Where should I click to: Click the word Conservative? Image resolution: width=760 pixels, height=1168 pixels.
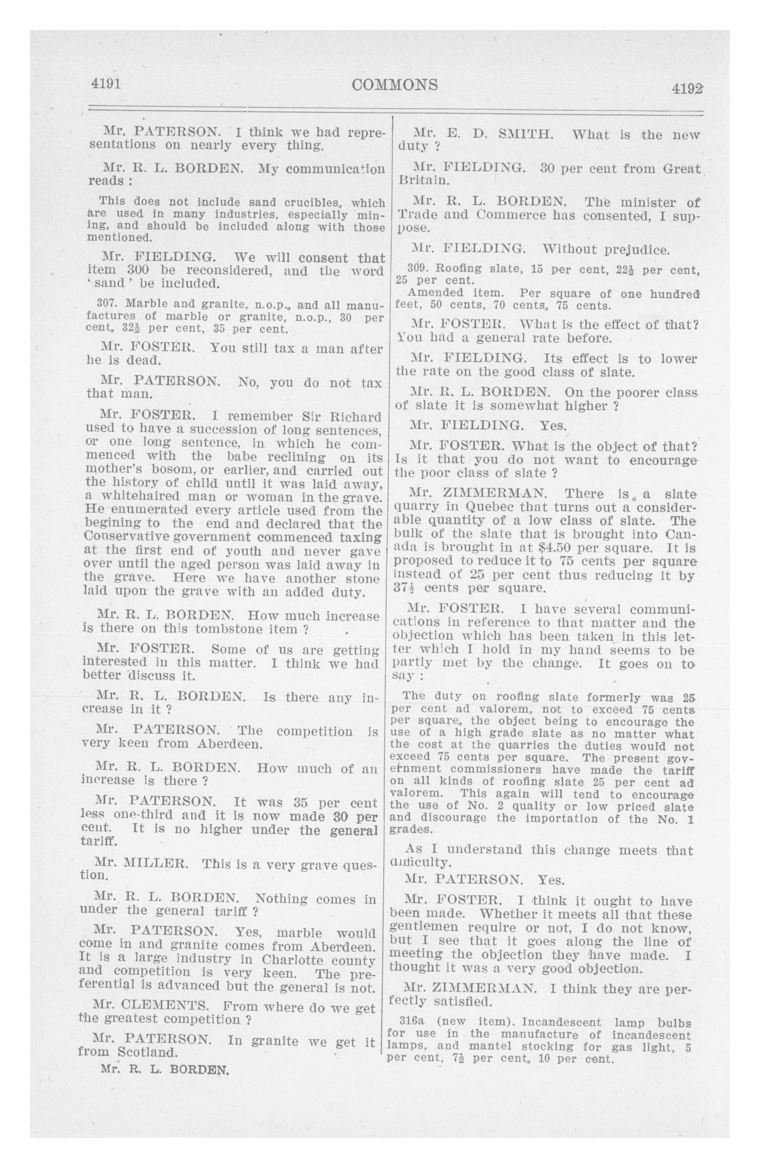[x=127, y=537]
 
